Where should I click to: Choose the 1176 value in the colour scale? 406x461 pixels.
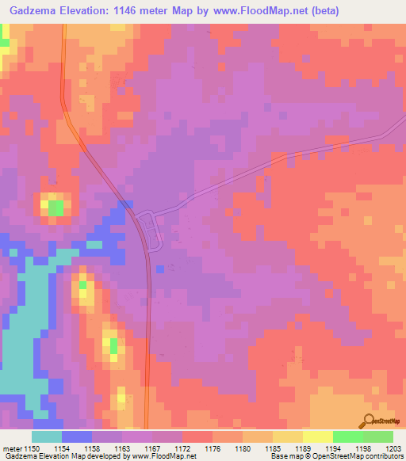(x=213, y=449)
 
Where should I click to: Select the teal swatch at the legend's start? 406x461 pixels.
(x=47, y=436)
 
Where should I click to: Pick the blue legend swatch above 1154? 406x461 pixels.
(x=77, y=436)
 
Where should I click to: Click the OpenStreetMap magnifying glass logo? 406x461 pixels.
(x=370, y=421)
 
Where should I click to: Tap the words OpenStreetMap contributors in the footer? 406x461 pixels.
(x=362, y=456)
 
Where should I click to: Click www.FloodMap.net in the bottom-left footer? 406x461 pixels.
(x=165, y=456)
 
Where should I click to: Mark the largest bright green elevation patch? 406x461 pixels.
(x=55, y=208)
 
